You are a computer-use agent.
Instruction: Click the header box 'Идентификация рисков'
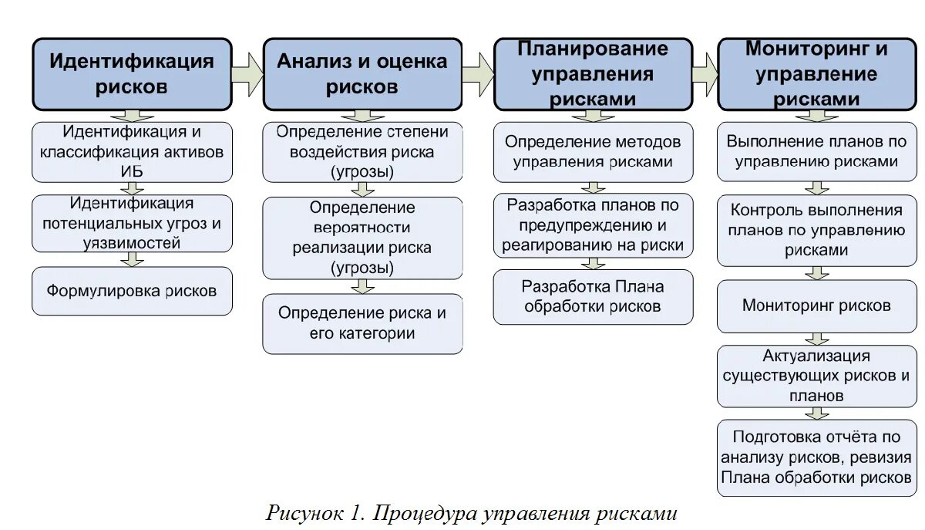132,74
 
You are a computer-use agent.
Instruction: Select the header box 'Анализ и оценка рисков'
362,74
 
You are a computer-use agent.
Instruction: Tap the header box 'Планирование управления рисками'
593,74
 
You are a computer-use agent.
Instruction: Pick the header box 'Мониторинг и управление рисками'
816,74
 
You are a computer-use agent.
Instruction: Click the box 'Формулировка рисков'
132,291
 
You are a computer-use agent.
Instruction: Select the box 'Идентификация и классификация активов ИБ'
132,152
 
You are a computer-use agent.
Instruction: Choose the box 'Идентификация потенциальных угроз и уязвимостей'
132,223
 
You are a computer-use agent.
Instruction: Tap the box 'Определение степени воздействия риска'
362,152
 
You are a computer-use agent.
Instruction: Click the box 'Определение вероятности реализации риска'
362,238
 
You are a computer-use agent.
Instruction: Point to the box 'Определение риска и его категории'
362,323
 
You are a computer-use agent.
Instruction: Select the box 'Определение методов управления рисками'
593,152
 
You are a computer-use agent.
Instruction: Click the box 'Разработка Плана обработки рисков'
593,296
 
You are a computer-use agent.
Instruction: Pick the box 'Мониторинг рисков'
816,306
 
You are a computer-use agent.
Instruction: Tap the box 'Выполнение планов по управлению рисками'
816,152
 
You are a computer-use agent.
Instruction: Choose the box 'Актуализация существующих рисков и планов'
816,376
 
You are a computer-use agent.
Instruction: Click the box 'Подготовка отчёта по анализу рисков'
816,457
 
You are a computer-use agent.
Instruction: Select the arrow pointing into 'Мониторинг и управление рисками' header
705,74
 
